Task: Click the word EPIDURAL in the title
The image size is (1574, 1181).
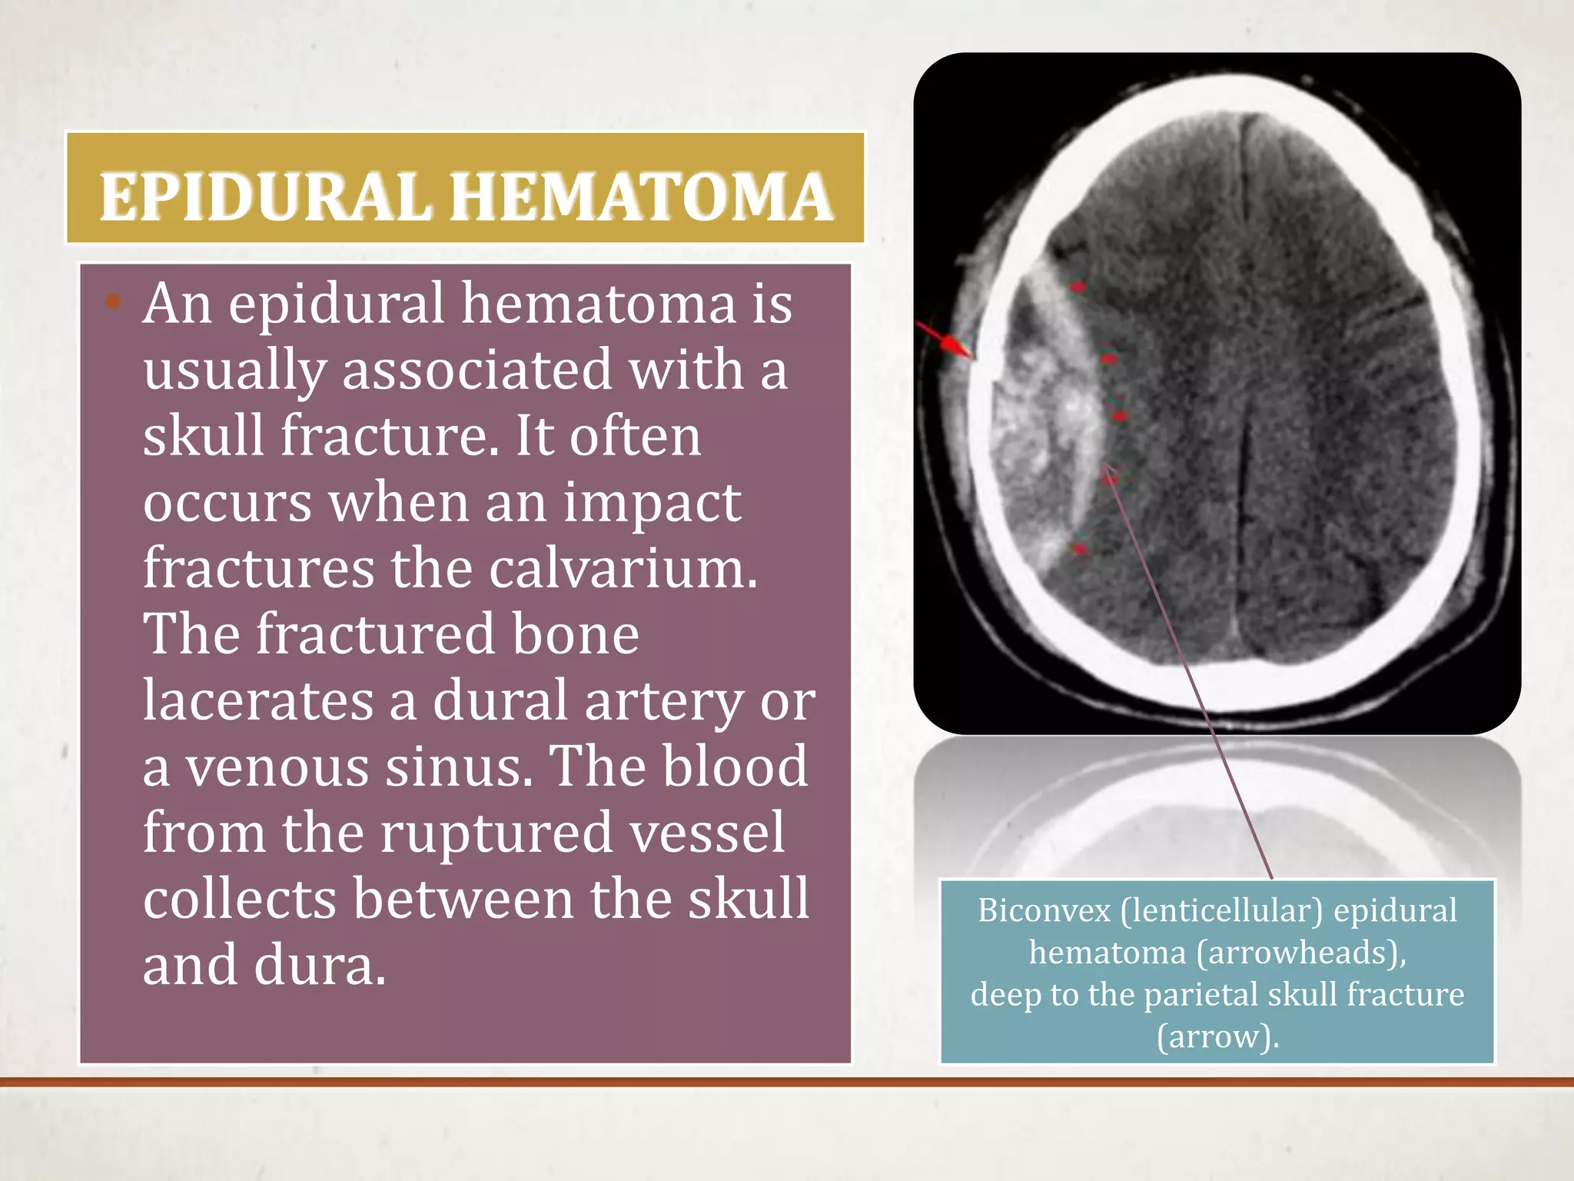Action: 264,197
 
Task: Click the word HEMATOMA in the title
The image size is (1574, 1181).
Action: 641,197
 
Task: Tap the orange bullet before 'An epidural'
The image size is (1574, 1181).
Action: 114,301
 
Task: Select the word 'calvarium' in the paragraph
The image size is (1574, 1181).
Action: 623,569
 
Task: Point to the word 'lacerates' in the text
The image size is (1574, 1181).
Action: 258,701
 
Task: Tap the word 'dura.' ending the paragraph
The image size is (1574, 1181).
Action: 320,966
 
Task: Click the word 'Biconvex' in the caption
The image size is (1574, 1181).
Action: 1044,911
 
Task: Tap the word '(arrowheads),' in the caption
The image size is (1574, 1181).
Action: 1302,953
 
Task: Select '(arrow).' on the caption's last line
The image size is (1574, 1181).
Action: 1218,1036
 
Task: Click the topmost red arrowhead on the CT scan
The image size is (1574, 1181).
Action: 1078,287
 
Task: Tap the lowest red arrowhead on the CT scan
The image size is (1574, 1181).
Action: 1080,548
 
